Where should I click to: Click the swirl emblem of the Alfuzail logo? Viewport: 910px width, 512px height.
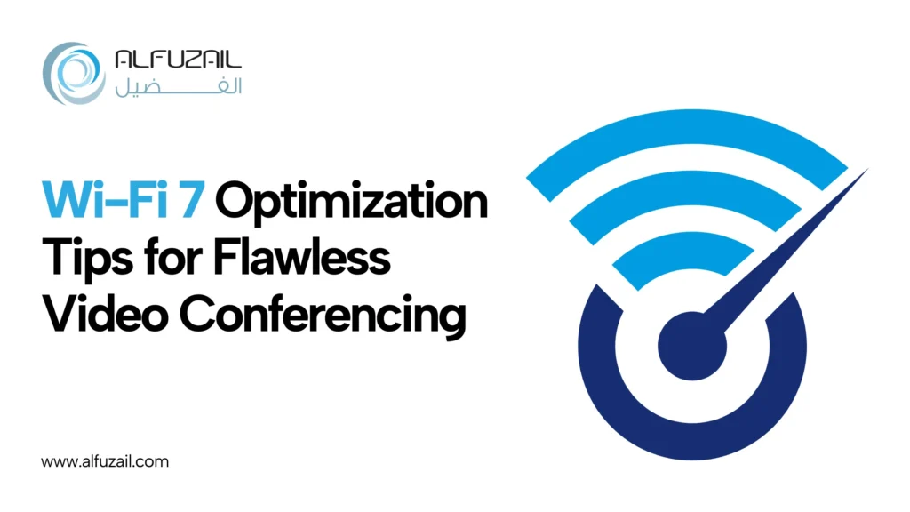click(x=74, y=73)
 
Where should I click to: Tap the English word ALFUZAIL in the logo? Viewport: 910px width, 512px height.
click(x=178, y=60)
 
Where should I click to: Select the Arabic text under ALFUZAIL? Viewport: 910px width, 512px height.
click(x=178, y=87)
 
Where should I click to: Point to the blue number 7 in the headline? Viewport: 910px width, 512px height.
click(x=192, y=201)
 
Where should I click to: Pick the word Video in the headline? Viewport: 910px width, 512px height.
click(x=105, y=313)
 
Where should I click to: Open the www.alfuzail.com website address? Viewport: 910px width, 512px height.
click(x=105, y=462)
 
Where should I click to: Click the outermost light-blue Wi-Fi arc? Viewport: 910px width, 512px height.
click(x=687, y=124)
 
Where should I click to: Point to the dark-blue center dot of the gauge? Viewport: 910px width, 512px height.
click(x=691, y=346)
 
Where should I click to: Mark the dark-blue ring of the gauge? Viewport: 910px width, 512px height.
click(x=691, y=440)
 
